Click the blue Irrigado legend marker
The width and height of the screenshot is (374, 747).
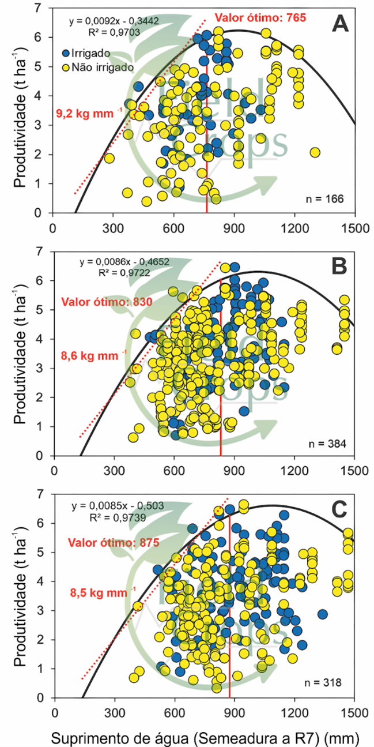67,52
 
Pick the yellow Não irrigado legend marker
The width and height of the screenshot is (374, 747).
67,66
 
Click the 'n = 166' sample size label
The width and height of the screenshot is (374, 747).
325,199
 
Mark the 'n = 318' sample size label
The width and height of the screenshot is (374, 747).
325,683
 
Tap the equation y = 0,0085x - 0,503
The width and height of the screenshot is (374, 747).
118,506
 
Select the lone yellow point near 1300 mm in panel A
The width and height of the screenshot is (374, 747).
315,152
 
